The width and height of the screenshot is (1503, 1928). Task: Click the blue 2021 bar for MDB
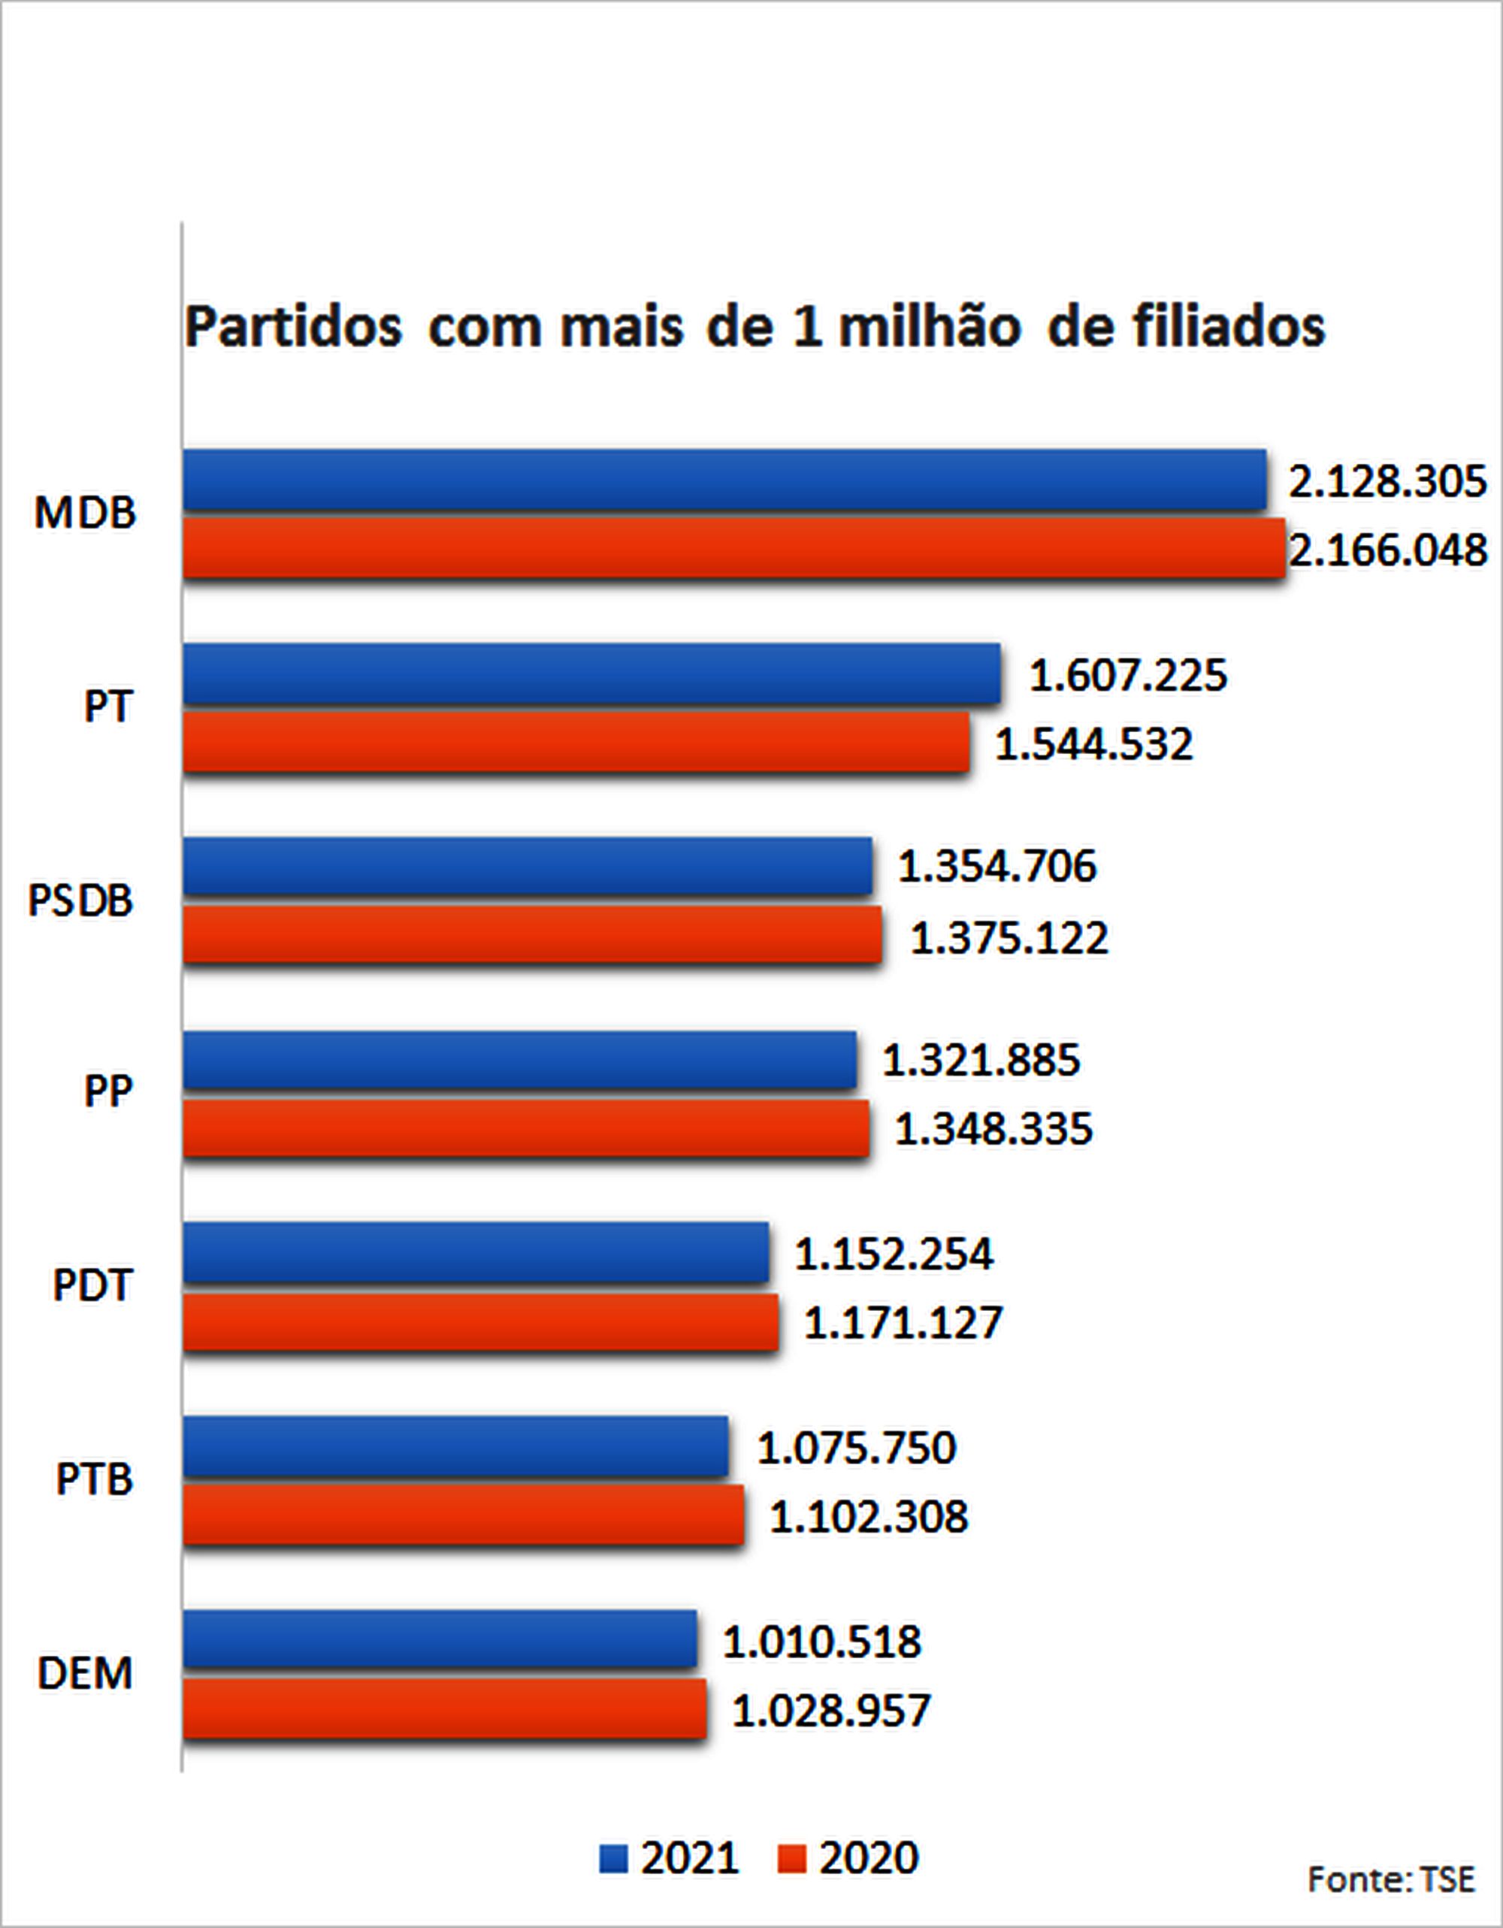tap(724, 480)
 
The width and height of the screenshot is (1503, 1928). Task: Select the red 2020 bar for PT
tap(576, 743)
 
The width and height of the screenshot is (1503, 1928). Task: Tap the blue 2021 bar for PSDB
tap(527, 866)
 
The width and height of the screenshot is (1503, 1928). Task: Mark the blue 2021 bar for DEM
tap(440, 1639)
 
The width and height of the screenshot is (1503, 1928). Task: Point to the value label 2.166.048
tap(1388, 551)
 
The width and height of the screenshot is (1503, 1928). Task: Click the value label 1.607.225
tap(1128, 675)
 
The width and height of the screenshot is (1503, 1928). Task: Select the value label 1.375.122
tap(1009, 937)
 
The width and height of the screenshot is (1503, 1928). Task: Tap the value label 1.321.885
tap(981, 1059)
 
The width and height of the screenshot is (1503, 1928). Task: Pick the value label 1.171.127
tap(903, 1322)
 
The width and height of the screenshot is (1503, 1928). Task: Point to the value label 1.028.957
tap(830, 1711)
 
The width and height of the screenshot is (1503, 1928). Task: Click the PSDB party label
tap(80, 900)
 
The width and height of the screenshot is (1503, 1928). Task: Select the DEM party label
tap(85, 1674)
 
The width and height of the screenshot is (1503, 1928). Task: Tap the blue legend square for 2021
tap(613, 1858)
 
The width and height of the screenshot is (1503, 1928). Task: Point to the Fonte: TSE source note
tap(1391, 1879)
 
